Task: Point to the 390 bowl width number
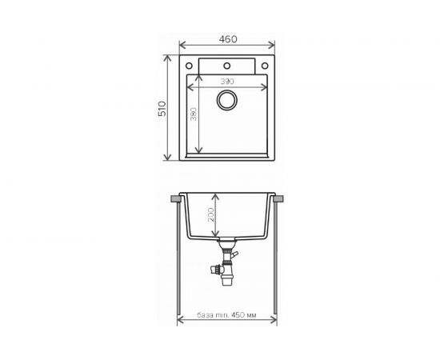tap(228, 82)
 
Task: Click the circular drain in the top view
tap(228, 101)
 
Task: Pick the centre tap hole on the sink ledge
tap(227, 65)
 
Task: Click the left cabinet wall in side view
tap(178, 264)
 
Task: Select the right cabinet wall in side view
tap(278, 264)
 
